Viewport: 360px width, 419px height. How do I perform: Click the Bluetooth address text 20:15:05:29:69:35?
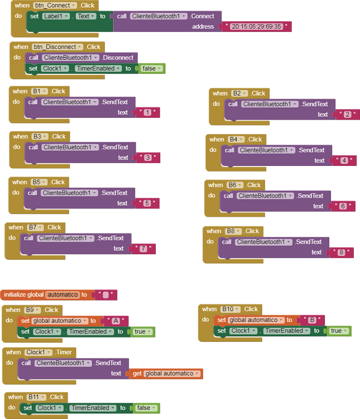[257, 26]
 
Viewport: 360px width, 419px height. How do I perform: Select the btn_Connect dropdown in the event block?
[54, 6]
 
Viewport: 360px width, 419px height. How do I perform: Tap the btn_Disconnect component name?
[57, 47]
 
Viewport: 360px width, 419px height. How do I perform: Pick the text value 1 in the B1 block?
[147, 113]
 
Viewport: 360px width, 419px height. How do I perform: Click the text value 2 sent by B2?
[348, 115]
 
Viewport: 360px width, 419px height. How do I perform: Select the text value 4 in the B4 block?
[344, 160]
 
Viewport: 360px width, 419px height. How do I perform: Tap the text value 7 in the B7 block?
[143, 249]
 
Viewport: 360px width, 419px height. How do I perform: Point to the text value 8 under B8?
[341, 253]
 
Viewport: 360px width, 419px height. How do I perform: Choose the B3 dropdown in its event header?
[40, 136]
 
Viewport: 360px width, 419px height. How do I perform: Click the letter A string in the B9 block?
[116, 321]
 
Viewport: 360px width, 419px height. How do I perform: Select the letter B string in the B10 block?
[312, 320]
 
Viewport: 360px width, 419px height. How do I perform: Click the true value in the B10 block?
[338, 331]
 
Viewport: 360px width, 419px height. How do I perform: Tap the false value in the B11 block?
[146, 408]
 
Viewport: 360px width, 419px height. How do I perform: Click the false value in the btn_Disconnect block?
[151, 68]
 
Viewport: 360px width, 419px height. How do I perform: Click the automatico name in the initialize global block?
[63, 294]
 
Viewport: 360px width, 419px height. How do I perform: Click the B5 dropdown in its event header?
[39, 182]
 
